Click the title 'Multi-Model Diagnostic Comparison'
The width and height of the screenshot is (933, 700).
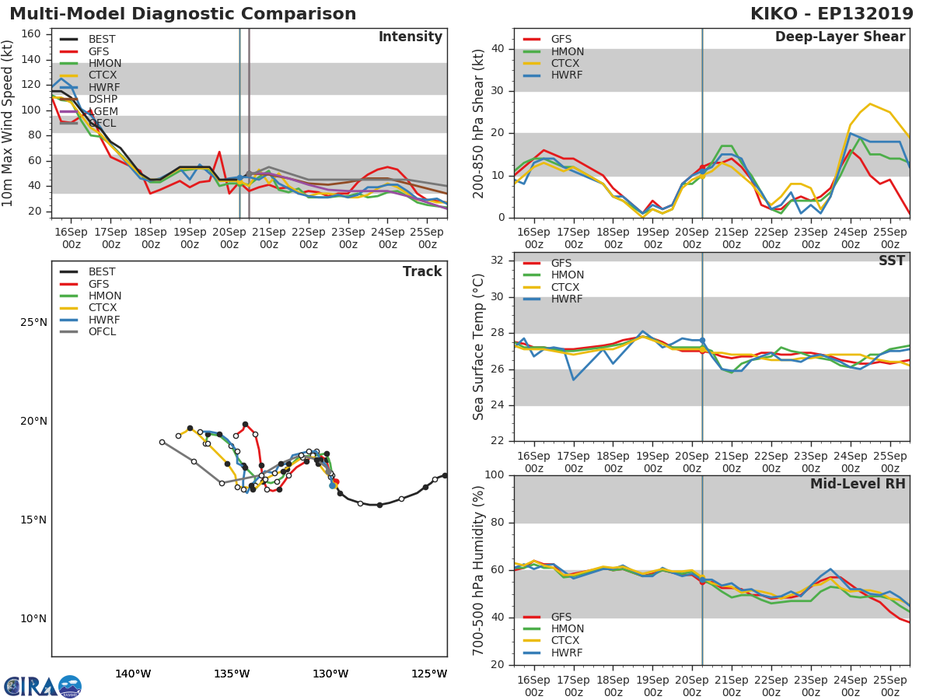coord(183,14)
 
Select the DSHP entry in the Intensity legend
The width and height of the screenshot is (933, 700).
coord(103,100)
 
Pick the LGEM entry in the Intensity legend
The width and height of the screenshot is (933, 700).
coord(103,111)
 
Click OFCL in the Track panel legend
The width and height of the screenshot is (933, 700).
coord(102,332)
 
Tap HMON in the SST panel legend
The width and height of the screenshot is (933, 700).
coord(567,275)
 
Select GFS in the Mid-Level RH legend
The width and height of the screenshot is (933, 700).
coord(561,617)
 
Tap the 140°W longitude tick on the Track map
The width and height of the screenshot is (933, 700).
coord(133,674)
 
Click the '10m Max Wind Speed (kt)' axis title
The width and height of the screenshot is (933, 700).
coord(9,123)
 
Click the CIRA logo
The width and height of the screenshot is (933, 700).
coord(43,686)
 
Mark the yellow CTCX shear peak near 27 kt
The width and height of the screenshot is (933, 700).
coord(870,103)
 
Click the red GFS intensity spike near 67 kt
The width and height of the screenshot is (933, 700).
coord(219,152)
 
